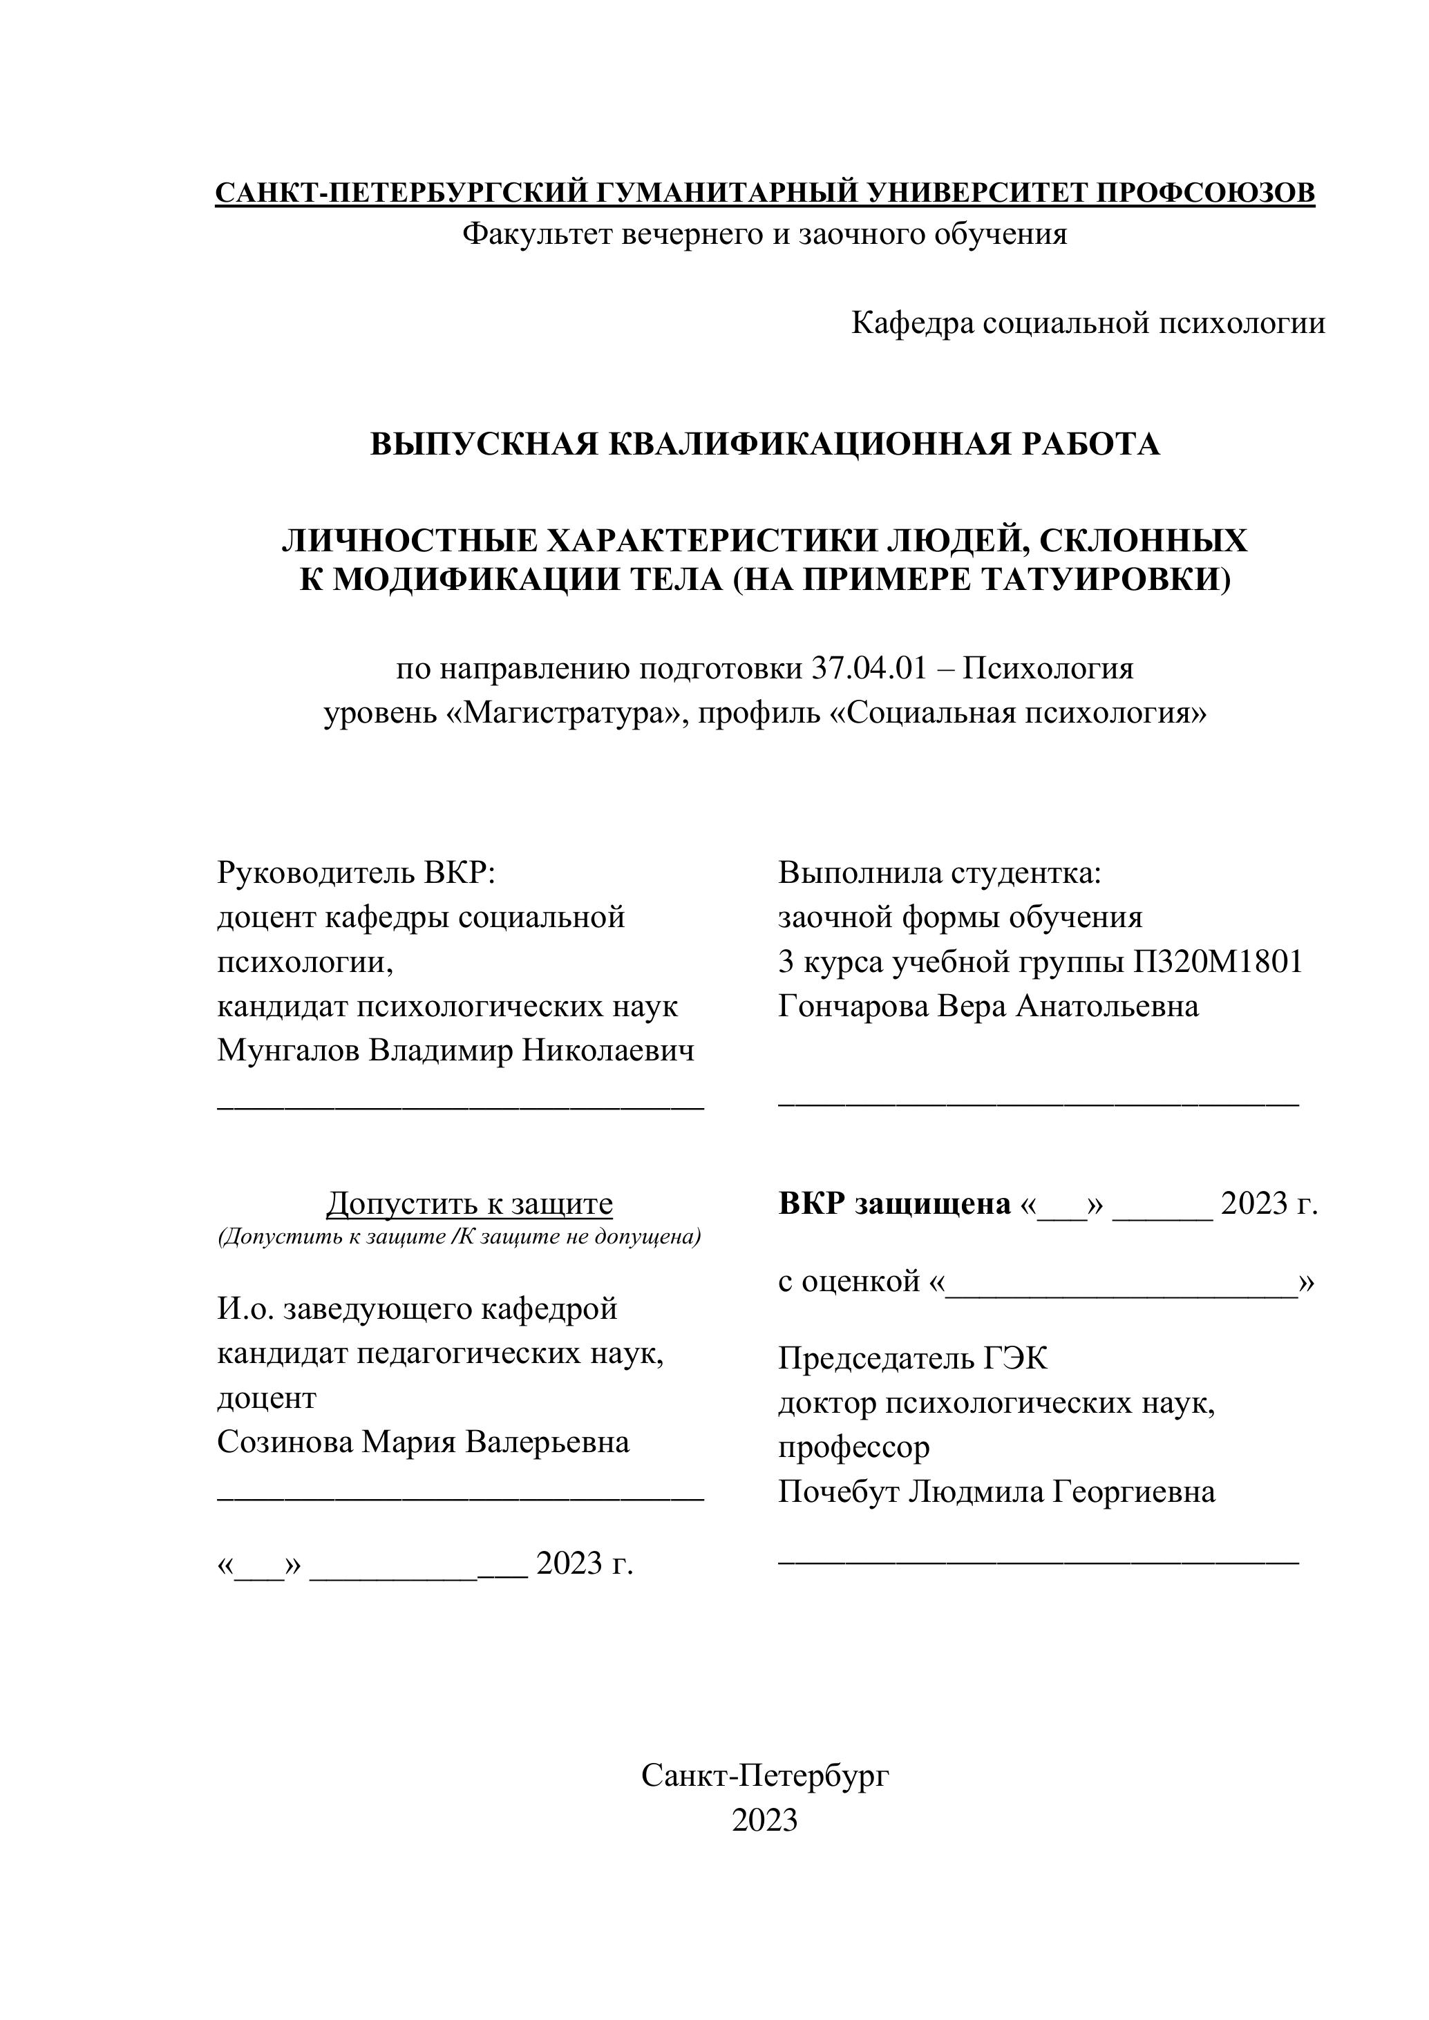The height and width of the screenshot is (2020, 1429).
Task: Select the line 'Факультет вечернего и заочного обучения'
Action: pos(765,234)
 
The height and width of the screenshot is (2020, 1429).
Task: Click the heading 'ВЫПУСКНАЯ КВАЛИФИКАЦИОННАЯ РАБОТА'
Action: pos(765,444)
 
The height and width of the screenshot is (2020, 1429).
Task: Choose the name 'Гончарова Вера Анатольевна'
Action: pos(988,1006)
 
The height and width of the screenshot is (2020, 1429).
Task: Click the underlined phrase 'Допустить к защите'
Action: pos(470,1203)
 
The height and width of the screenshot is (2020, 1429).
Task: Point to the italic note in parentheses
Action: pos(460,1237)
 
